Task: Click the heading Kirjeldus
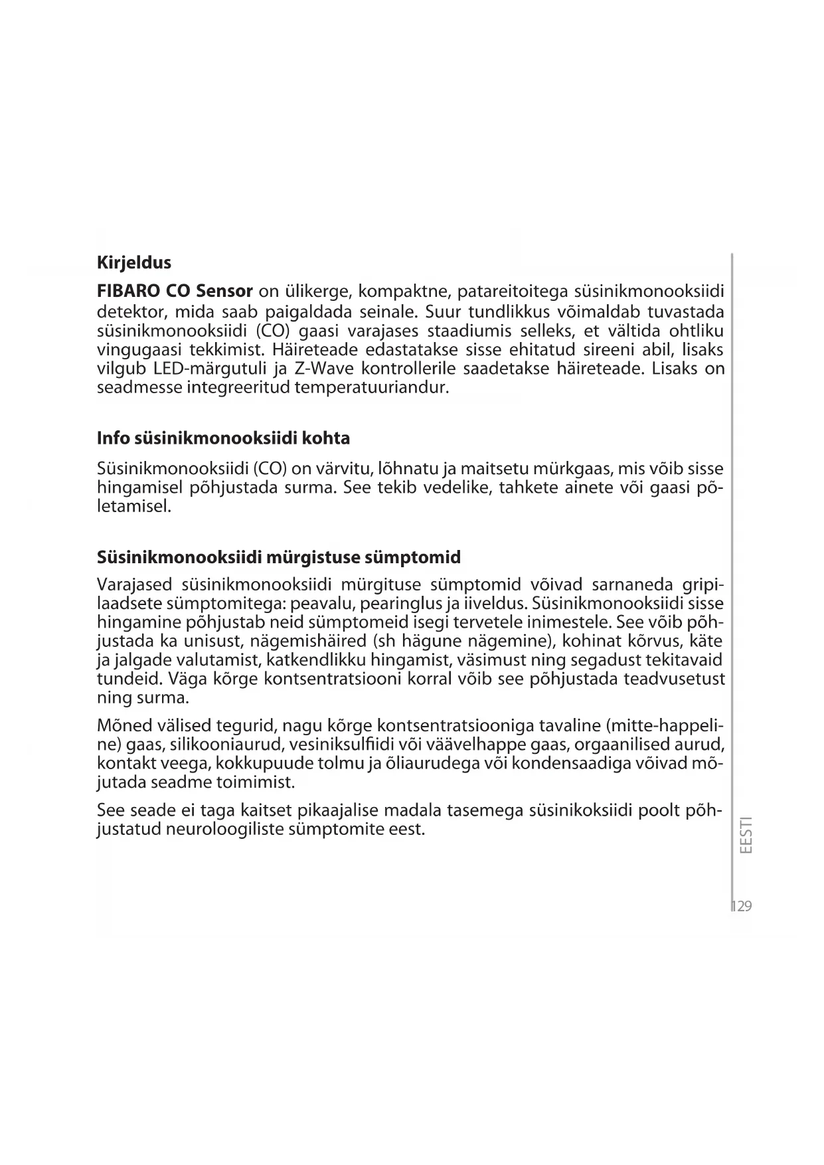click(133, 262)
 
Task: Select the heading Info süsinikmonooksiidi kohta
click(223, 438)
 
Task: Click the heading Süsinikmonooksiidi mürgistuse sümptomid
click(278, 557)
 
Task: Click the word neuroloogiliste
click(222, 829)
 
